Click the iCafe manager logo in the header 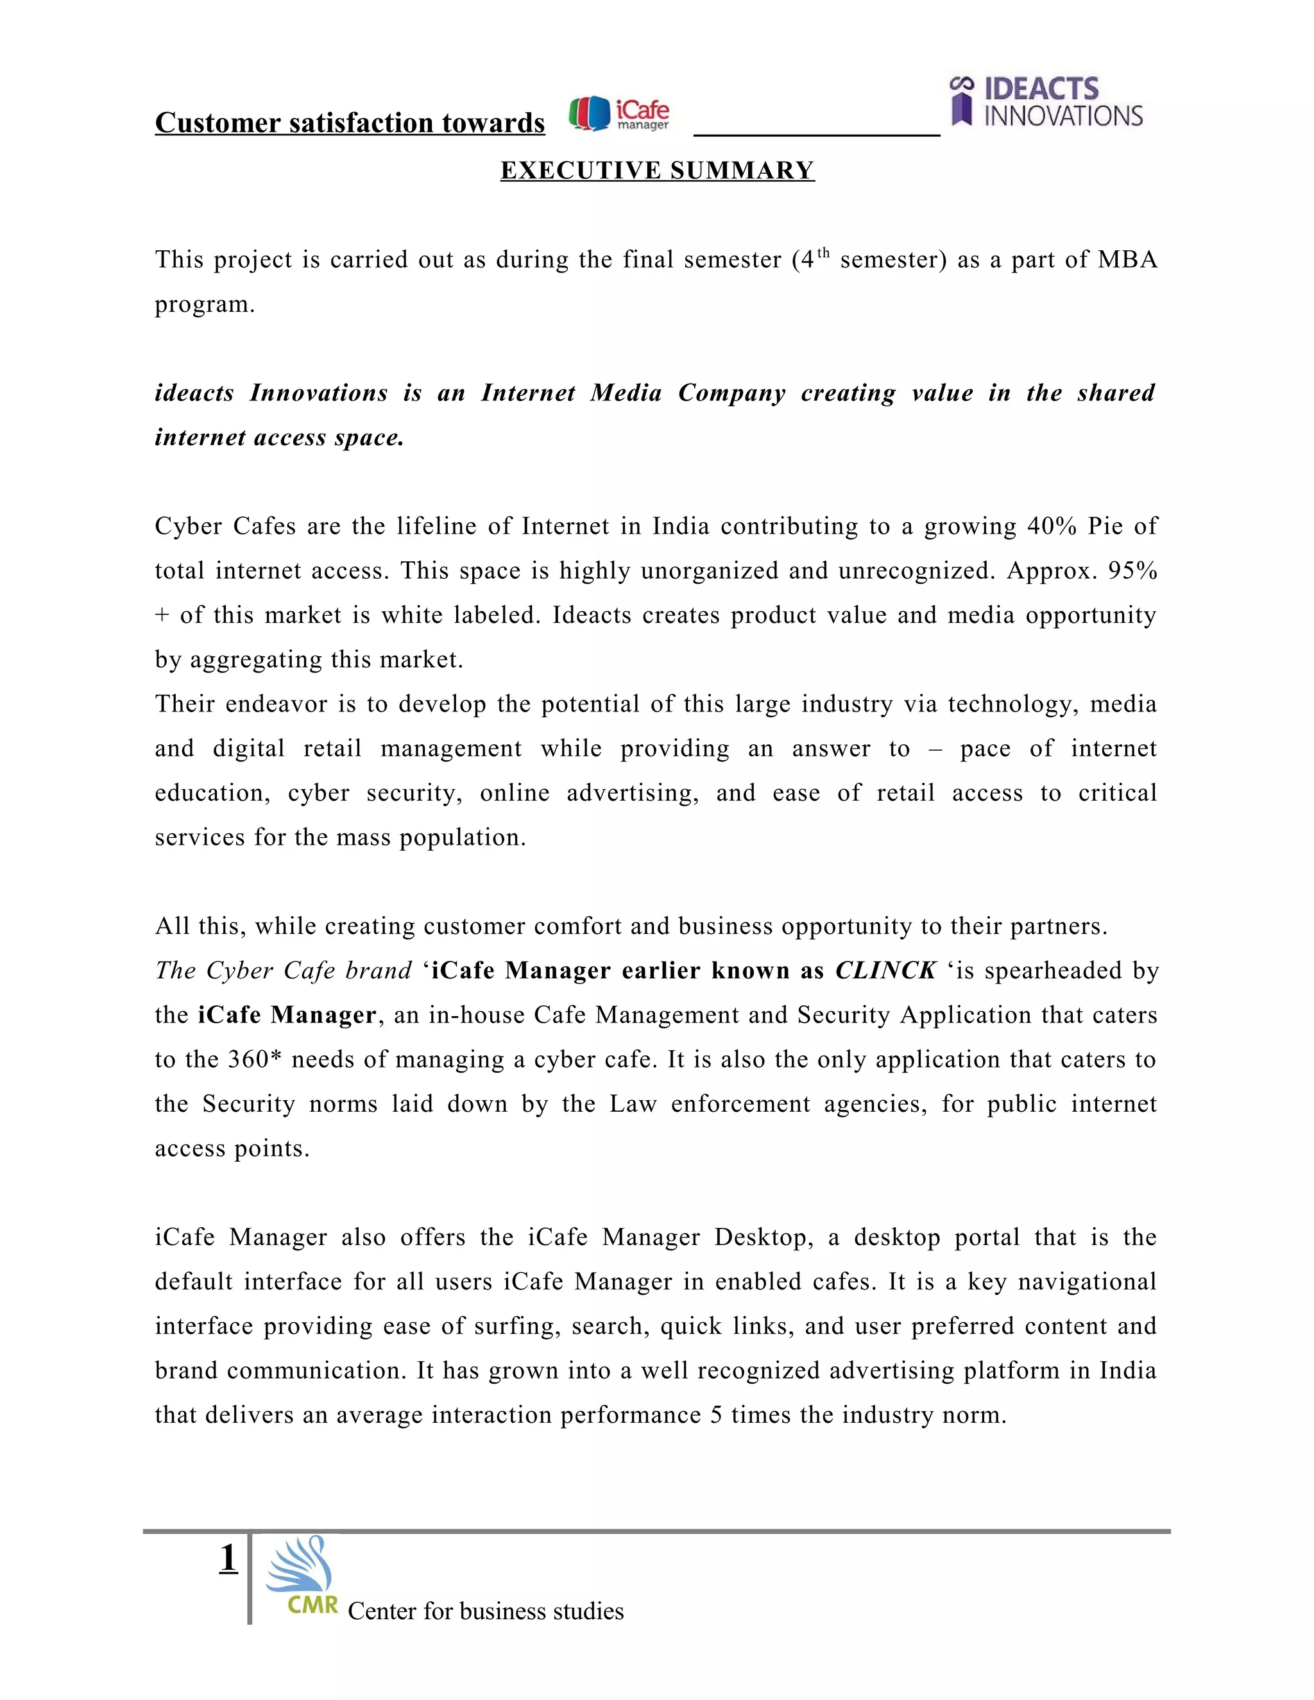[619, 114]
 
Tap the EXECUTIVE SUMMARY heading [657, 171]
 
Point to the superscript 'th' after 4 [824, 252]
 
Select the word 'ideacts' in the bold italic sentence [194, 393]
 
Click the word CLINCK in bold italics [885, 971]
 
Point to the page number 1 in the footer [228, 1558]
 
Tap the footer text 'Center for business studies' [486, 1610]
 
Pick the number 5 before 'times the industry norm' [716, 1415]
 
